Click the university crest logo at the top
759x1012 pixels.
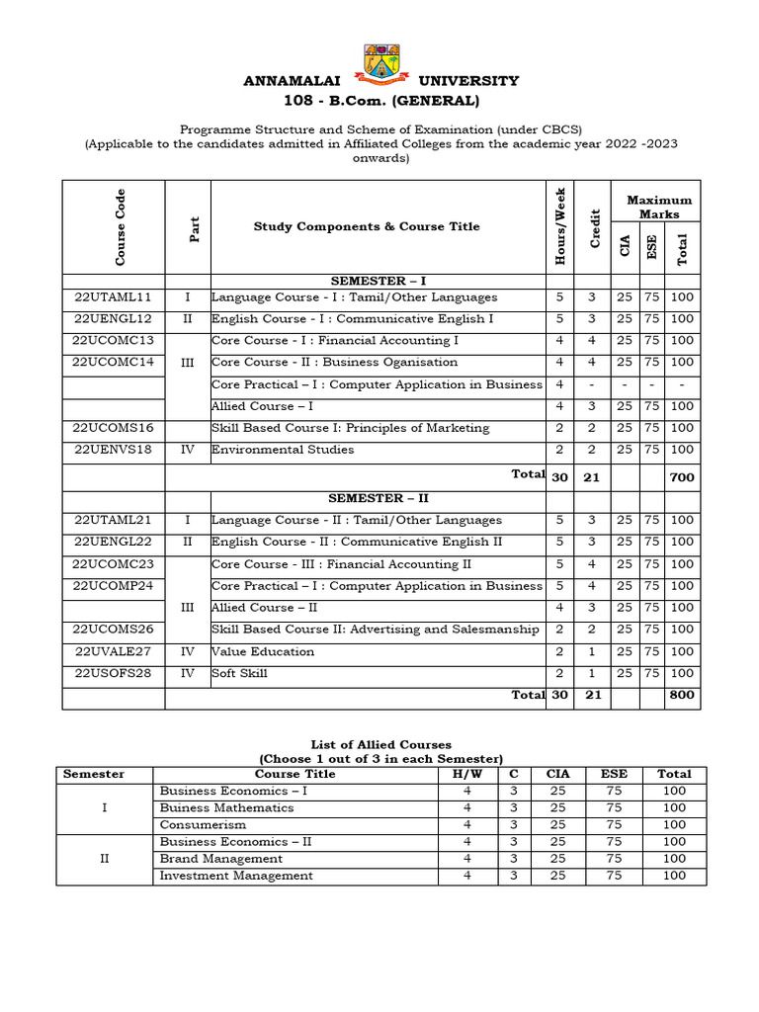pos(380,62)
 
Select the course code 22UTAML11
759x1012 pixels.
pos(113,296)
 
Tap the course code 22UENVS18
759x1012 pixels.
pos(113,450)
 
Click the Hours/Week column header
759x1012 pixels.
pos(560,226)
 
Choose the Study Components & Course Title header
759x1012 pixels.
pos(367,226)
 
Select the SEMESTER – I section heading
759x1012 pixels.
pos(379,281)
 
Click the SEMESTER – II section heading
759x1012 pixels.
pos(379,499)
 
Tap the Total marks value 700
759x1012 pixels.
pos(681,477)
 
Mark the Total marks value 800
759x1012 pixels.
pos(681,695)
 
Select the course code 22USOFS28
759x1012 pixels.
pos(113,674)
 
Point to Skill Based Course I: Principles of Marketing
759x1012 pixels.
pos(350,428)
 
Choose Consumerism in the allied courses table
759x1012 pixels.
pos(203,825)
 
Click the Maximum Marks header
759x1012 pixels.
pos(658,208)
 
